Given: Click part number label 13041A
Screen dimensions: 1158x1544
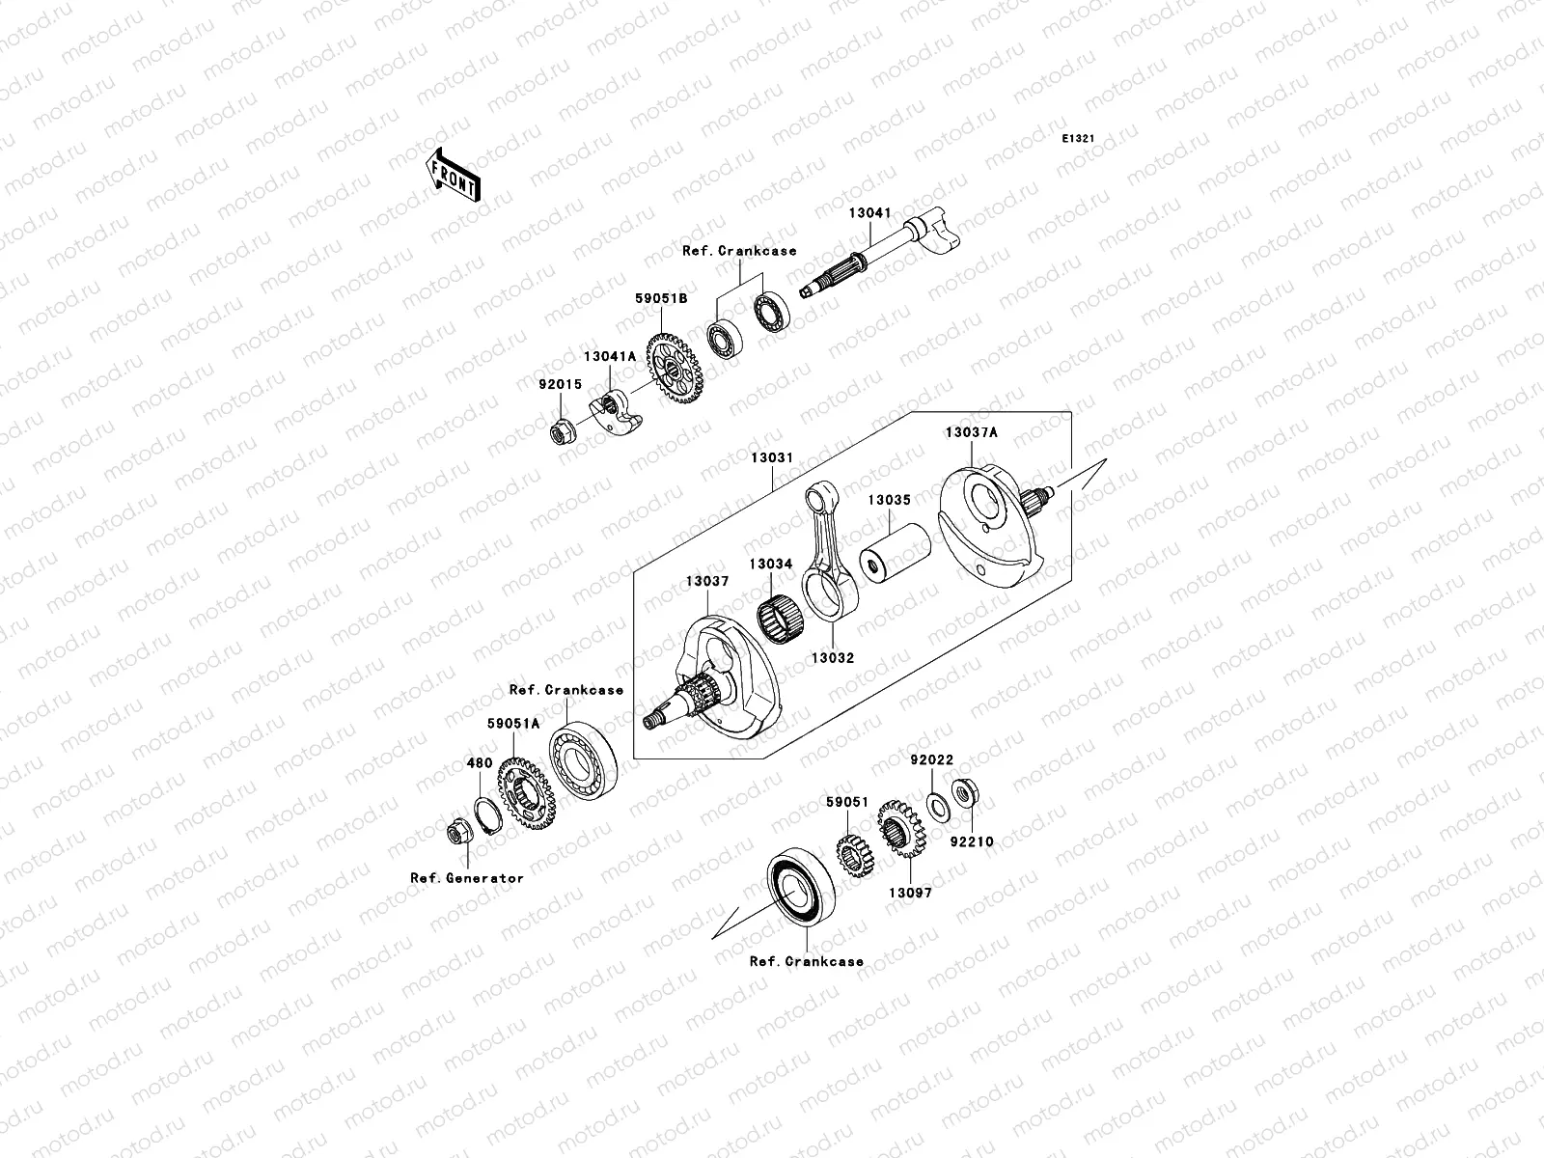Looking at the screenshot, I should (x=609, y=357).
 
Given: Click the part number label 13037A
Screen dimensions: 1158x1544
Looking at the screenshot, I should (x=971, y=433).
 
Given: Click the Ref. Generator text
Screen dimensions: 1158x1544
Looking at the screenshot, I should (x=467, y=878).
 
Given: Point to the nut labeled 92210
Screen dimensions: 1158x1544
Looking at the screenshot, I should (x=961, y=795).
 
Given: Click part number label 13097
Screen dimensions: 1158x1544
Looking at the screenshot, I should (x=910, y=894).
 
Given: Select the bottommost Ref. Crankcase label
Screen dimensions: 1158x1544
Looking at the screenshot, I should (x=807, y=962).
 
